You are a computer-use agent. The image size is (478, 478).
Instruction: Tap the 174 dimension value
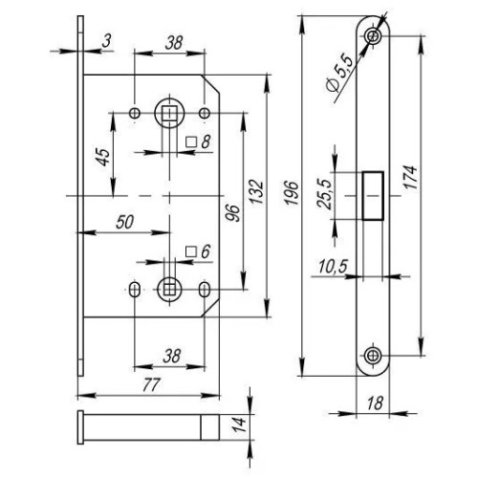point(411,177)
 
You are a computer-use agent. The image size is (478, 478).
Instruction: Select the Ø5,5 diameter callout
point(340,75)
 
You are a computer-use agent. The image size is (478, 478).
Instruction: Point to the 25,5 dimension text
point(325,194)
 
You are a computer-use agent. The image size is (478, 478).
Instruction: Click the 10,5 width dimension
point(333,267)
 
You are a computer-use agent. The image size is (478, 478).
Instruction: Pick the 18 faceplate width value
point(375,403)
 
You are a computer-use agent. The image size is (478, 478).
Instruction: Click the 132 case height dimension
point(257,192)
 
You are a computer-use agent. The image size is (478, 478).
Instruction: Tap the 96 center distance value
point(233,213)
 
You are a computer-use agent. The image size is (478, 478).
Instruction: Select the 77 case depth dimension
point(151,385)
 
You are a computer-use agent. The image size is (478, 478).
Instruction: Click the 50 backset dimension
point(124,222)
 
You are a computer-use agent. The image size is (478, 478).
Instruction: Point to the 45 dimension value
point(103,157)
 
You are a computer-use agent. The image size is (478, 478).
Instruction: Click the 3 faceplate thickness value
point(107,41)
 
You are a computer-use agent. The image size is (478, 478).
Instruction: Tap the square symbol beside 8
point(191,141)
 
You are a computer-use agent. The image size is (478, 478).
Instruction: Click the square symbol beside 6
point(191,251)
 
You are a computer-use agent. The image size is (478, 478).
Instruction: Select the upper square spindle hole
point(169,113)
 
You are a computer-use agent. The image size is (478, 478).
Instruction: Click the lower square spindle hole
point(169,290)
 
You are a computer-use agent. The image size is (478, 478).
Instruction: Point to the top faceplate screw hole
point(373,35)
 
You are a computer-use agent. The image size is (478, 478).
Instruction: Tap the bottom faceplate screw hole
point(373,355)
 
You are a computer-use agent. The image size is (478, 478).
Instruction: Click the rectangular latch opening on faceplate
point(373,196)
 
